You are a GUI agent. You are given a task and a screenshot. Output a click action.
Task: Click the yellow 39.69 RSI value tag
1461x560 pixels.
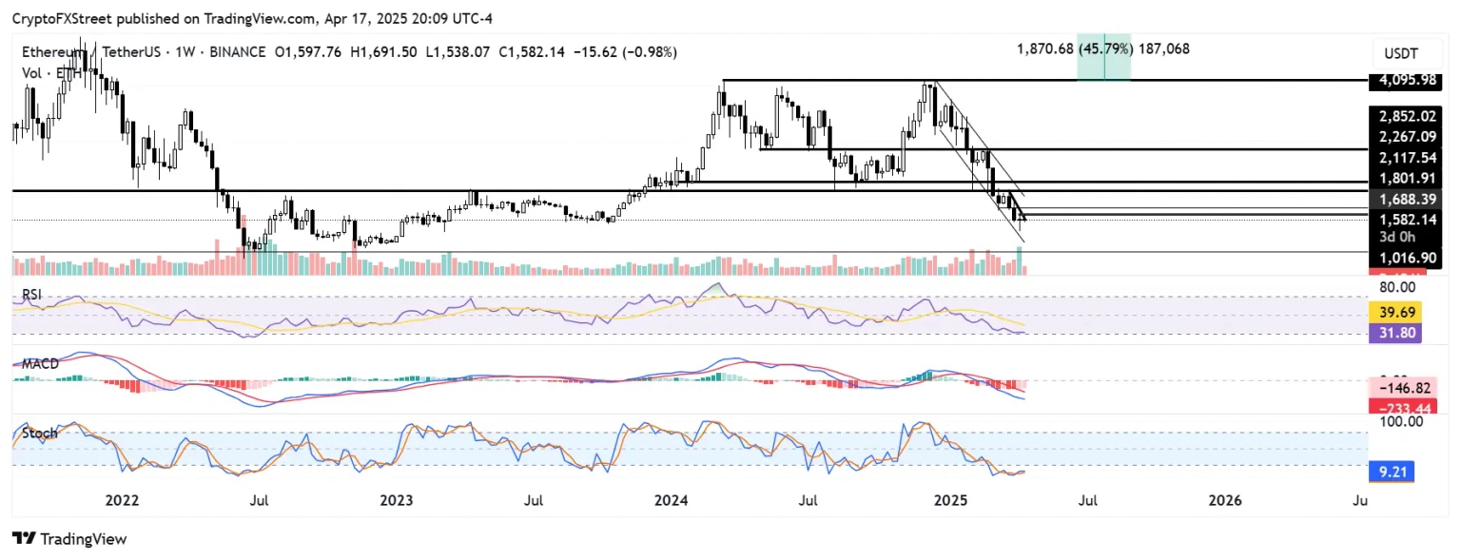click(x=1393, y=312)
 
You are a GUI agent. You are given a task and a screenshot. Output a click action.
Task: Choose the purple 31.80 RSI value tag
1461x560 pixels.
click(x=1393, y=334)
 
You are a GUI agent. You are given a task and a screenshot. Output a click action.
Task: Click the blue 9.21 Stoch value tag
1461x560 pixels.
click(x=1393, y=469)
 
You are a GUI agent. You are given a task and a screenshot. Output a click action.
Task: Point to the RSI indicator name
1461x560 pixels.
click(x=32, y=296)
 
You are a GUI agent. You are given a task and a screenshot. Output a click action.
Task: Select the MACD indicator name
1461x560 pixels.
click(x=40, y=364)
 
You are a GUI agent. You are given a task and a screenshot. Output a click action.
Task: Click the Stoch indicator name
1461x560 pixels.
click(x=39, y=433)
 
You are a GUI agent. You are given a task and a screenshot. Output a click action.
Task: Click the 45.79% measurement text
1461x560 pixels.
click(x=1104, y=48)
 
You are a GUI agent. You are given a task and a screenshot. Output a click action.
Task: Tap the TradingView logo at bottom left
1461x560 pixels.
click(x=69, y=539)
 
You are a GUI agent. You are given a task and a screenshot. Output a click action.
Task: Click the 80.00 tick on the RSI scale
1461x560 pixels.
click(x=1394, y=286)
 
